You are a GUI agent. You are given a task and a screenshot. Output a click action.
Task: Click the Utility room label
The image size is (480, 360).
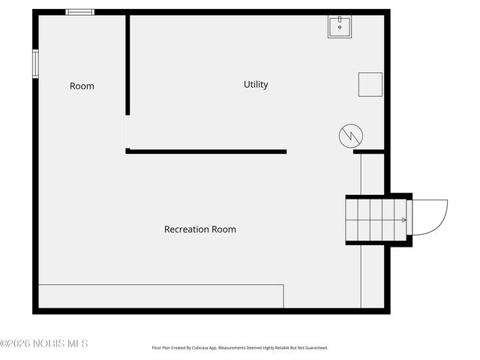point(256,85)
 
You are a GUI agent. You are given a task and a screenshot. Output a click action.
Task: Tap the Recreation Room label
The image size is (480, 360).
point(199,229)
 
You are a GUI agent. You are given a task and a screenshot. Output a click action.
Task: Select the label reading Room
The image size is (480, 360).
point(82,86)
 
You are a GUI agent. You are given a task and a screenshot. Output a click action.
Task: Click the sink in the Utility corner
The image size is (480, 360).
point(340,26)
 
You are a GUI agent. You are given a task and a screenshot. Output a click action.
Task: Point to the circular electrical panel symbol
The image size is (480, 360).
point(350,136)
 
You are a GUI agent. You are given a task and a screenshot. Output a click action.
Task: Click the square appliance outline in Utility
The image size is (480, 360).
point(370,84)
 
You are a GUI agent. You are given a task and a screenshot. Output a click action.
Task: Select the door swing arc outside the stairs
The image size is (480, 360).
point(430,217)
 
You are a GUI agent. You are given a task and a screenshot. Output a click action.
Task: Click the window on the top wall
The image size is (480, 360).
point(80,12)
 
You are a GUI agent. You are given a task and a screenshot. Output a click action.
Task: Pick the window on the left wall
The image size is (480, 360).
point(35,63)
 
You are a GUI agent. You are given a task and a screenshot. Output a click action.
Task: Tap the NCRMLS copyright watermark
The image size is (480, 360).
point(44,343)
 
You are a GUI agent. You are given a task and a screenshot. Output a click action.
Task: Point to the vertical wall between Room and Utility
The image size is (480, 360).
point(127,64)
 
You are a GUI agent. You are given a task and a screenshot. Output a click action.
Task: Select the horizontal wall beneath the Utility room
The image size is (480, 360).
point(206,151)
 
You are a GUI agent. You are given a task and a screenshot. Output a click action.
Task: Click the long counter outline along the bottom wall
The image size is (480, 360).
point(160,295)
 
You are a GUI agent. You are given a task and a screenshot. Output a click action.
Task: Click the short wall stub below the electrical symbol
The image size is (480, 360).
point(369,151)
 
